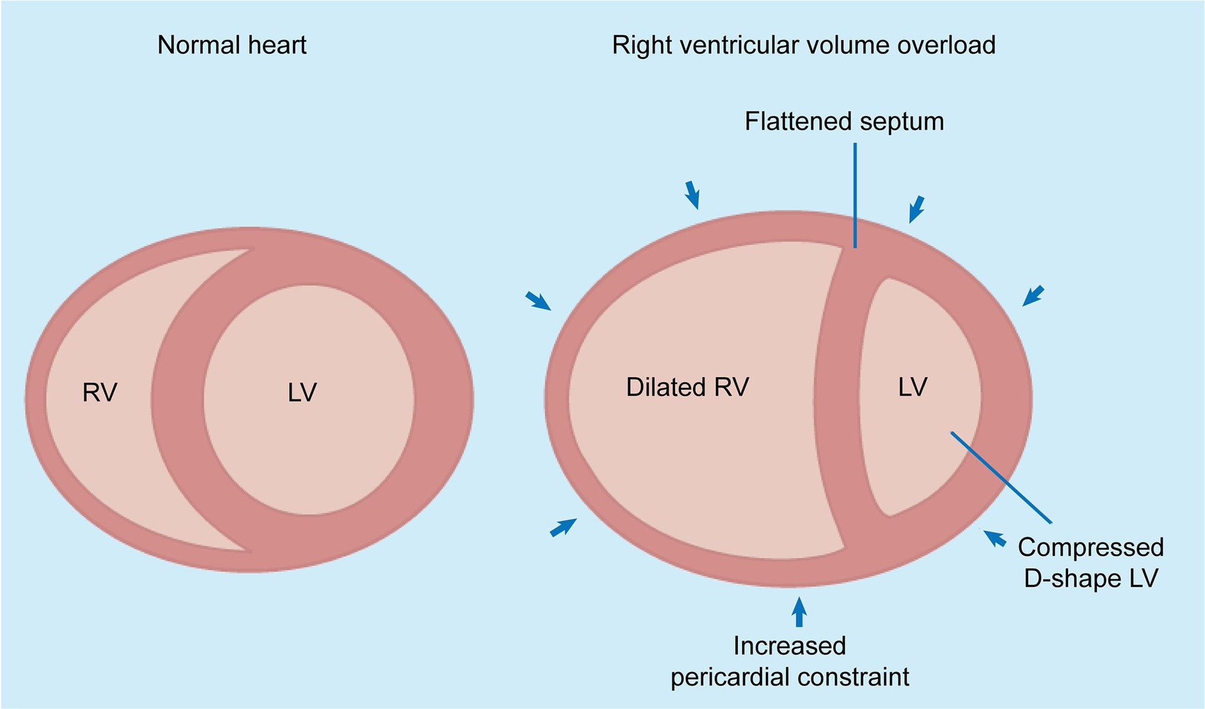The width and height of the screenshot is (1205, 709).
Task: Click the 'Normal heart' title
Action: pos(232,45)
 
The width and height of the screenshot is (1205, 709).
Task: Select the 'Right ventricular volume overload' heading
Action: pos(803,45)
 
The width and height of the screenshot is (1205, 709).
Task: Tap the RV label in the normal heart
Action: pos(99,392)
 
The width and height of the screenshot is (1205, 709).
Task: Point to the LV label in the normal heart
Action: pos(302,392)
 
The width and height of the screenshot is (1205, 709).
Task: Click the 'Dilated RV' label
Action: pos(687,387)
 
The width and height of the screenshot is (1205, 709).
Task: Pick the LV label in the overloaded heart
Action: pos(913,387)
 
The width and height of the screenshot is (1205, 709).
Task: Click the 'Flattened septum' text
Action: pos(844,122)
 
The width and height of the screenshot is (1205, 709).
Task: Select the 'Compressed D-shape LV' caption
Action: pos(1090,562)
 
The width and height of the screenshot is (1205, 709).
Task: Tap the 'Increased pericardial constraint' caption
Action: pos(790,661)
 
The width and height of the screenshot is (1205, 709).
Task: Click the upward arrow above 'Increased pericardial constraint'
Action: pos(798,612)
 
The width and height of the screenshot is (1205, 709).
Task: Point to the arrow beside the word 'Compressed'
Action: pos(994,538)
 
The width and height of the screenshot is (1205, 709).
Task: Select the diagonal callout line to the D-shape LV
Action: pos(1001,477)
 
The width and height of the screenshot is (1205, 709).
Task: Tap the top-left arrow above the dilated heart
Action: pos(693,195)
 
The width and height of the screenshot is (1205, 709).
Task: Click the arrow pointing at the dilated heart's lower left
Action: pos(563,527)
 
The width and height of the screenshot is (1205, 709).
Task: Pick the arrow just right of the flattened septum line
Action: pos(917,209)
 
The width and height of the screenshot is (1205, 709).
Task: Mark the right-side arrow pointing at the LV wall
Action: pos(1033,295)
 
